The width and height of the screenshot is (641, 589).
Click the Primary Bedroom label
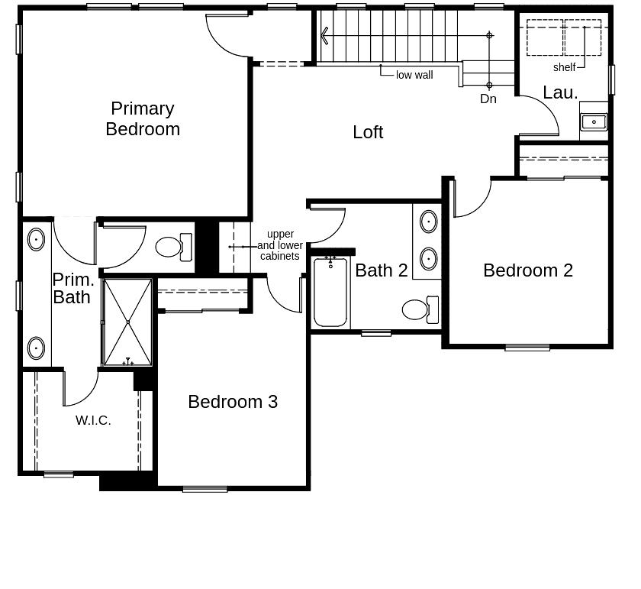coord(143,119)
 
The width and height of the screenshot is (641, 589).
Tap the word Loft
coord(368,132)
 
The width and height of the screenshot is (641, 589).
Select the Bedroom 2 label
coord(528,270)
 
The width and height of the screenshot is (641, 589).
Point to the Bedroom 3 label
coord(233,402)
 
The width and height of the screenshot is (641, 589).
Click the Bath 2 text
coord(382,270)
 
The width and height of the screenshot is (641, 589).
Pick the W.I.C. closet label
coord(93,420)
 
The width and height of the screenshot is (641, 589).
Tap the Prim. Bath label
coord(72,288)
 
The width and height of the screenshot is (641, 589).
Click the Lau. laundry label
coord(560,93)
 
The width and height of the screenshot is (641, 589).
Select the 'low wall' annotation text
coord(414,75)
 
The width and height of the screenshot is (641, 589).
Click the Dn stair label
coord(488,99)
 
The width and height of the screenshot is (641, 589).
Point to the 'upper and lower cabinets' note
coord(280,245)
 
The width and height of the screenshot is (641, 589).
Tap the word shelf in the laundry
coord(565,67)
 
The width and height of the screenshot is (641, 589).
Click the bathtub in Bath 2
coord(330,293)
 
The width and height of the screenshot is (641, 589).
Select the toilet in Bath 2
coord(418,309)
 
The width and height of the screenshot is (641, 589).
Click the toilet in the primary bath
coord(171,246)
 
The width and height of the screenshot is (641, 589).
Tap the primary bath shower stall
coord(127,322)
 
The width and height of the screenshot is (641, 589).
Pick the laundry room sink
coord(594,121)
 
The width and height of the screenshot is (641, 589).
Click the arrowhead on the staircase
coord(325,35)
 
